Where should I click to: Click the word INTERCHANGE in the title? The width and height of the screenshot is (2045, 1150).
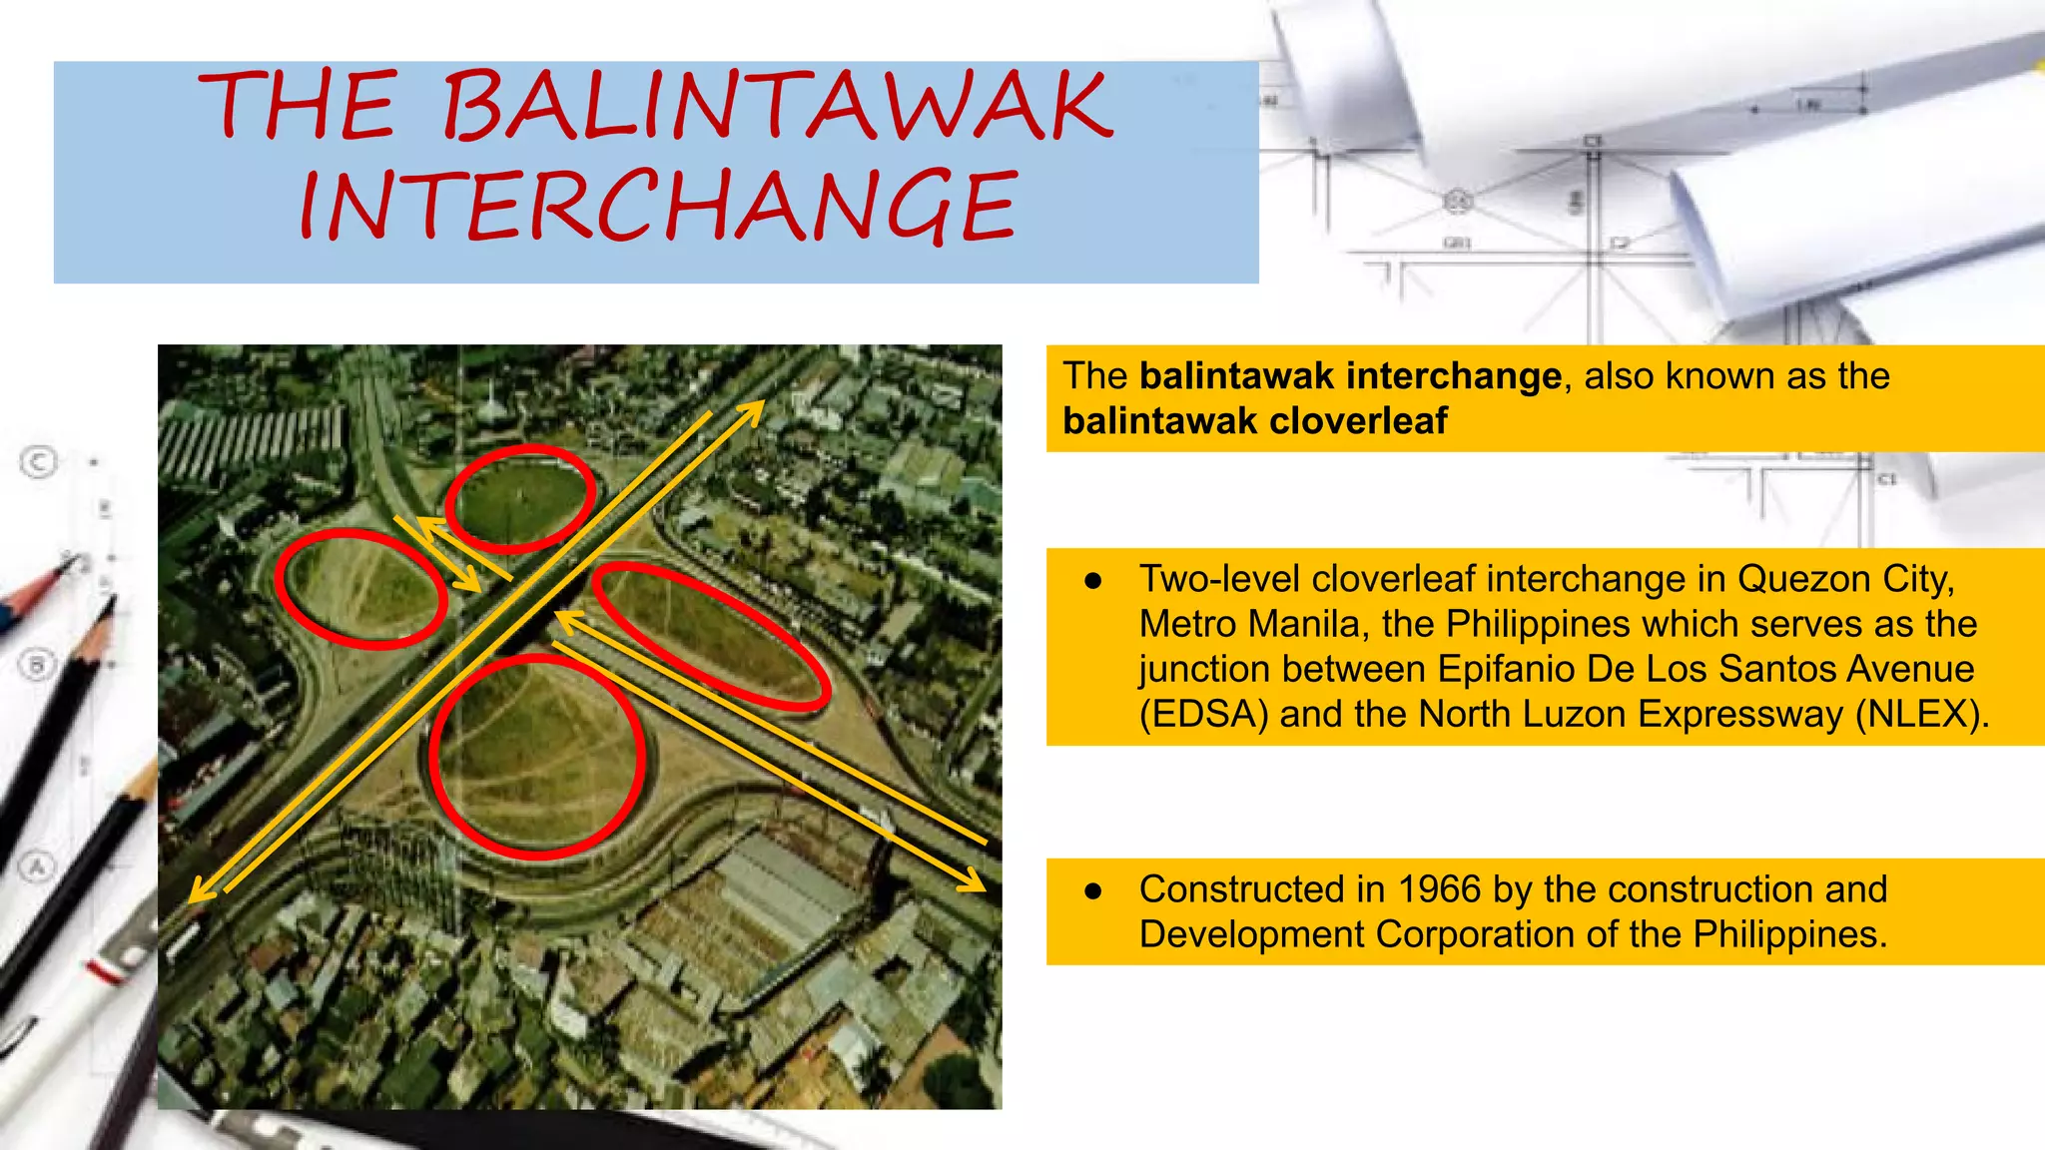pos(659,207)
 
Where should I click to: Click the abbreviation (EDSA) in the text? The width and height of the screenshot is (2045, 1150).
pos(1203,715)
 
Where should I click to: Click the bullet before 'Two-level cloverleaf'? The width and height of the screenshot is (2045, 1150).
pos(1093,581)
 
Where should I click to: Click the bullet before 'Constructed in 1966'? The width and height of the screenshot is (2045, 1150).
pos(1093,890)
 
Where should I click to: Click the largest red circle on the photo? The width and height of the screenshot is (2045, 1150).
pos(537,757)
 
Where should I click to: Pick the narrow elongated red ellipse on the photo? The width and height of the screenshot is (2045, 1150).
pos(711,637)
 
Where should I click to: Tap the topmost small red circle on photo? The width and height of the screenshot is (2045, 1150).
pos(520,498)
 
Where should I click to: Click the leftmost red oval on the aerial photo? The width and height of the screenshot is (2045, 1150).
pos(360,589)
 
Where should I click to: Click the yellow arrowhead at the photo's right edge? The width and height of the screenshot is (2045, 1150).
pos(976,881)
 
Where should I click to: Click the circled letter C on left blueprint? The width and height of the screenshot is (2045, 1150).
pos(39,461)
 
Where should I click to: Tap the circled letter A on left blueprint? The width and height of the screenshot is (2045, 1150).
pos(37,866)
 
